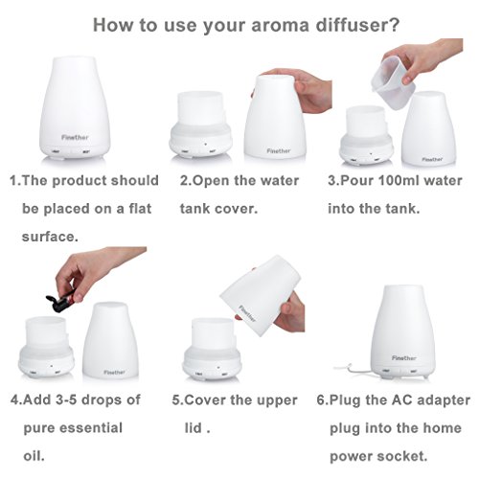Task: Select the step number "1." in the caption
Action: tap(16, 180)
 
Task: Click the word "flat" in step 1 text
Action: tap(125, 206)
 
